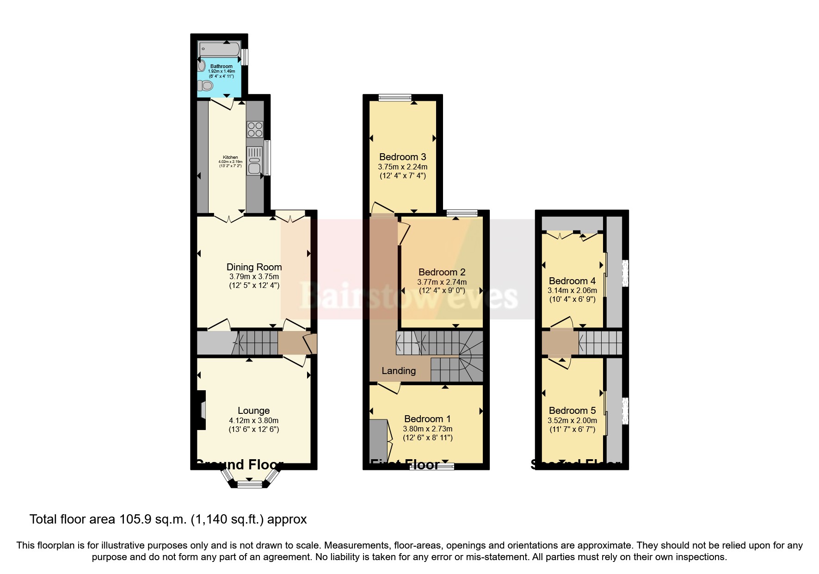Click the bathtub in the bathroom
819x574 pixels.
pos(219,48)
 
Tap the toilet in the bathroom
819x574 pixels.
pos(205,86)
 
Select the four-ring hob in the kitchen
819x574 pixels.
pos(255,129)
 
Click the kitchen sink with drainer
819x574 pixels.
pos(255,160)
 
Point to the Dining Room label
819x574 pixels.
pos(254,267)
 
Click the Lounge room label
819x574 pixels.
pos(253,411)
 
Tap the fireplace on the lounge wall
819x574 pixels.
pos(202,410)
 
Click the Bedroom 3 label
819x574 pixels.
pos(402,157)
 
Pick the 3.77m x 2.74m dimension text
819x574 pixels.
pos(442,282)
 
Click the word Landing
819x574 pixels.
pos(399,370)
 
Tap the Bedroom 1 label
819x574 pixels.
pos(427,419)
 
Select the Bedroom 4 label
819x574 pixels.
pos(572,281)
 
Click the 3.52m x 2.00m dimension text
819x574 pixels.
pos(572,420)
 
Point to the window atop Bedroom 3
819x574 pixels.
pos(394,98)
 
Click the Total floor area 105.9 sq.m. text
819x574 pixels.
pos(168,519)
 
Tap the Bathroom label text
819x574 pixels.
pos(222,67)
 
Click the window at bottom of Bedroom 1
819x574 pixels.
pos(432,467)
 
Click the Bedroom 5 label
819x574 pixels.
pos(572,411)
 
